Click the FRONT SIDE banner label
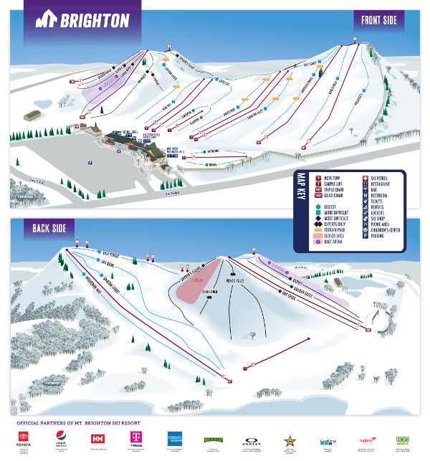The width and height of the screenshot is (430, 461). [x=379, y=20]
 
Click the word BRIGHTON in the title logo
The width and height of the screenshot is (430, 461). [x=95, y=20]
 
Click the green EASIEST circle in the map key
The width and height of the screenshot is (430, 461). [x=317, y=206]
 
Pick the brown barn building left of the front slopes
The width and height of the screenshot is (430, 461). [x=32, y=115]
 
